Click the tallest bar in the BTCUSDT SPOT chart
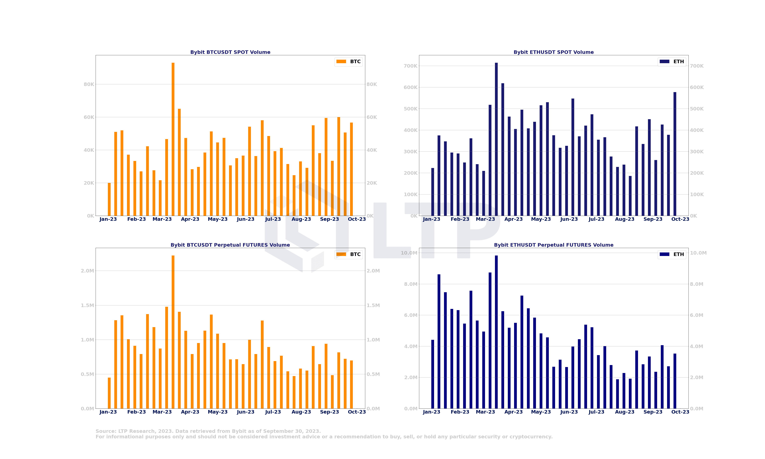[x=173, y=139]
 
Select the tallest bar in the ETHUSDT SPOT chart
[x=496, y=139]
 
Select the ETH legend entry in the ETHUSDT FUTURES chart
[x=672, y=254]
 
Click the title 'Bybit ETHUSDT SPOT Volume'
[x=554, y=52]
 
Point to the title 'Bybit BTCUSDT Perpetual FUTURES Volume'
[x=230, y=245]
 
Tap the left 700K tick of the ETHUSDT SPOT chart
[x=410, y=66]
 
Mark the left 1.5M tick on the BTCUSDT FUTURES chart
[x=87, y=305]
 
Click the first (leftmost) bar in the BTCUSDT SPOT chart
[x=109, y=200]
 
